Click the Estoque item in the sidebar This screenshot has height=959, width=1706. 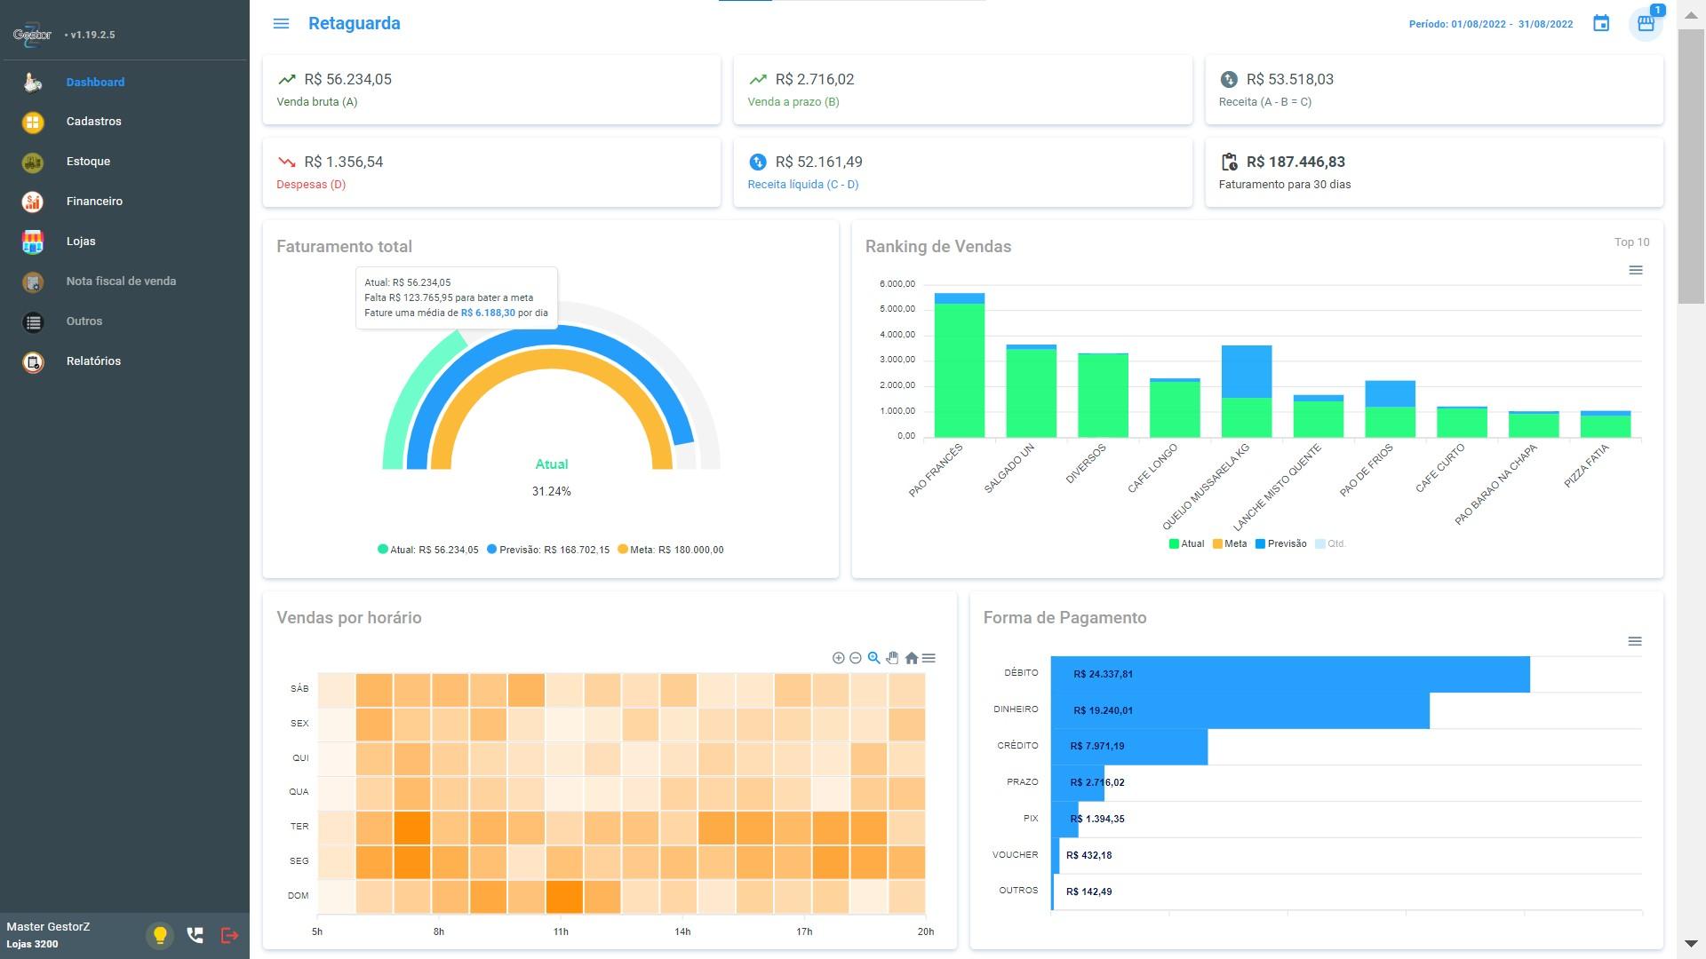pyautogui.click(x=88, y=162)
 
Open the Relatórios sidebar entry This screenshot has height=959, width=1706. pyautogui.click(x=93, y=361)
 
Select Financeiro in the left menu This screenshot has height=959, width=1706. pyautogui.click(x=94, y=202)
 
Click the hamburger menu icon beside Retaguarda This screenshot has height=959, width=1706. pyautogui.click(x=281, y=24)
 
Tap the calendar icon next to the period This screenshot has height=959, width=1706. pyautogui.click(x=1601, y=24)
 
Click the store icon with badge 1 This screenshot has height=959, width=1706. pyautogui.click(x=1646, y=24)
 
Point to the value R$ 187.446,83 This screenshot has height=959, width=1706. pyautogui.click(x=1295, y=162)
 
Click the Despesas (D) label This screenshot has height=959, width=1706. pyautogui.click(x=311, y=185)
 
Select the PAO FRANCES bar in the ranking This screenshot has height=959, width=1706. pyautogui.click(x=959, y=365)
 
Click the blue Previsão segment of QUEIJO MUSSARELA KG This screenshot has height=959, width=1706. pyautogui.click(x=1247, y=372)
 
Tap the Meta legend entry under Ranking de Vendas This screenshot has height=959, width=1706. pyautogui.click(x=1230, y=543)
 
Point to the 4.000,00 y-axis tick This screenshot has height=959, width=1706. pyautogui.click(x=897, y=335)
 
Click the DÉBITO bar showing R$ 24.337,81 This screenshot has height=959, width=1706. pyautogui.click(x=1290, y=674)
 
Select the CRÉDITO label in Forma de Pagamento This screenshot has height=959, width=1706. pyautogui.click(x=1017, y=746)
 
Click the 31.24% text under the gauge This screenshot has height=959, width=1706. pyautogui.click(x=551, y=492)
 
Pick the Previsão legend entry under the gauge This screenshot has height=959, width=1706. pyautogui.click(x=548, y=550)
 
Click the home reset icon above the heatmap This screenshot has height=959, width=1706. pyautogui.click(x=911, y=658)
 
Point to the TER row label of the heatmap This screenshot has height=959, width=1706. pyautogui.click(x=299, y=827)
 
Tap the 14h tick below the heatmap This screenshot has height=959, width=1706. pyautogui.click(x=682, y=931)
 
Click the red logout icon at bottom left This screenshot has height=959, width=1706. pyautogui.click(x=229, y=935)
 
